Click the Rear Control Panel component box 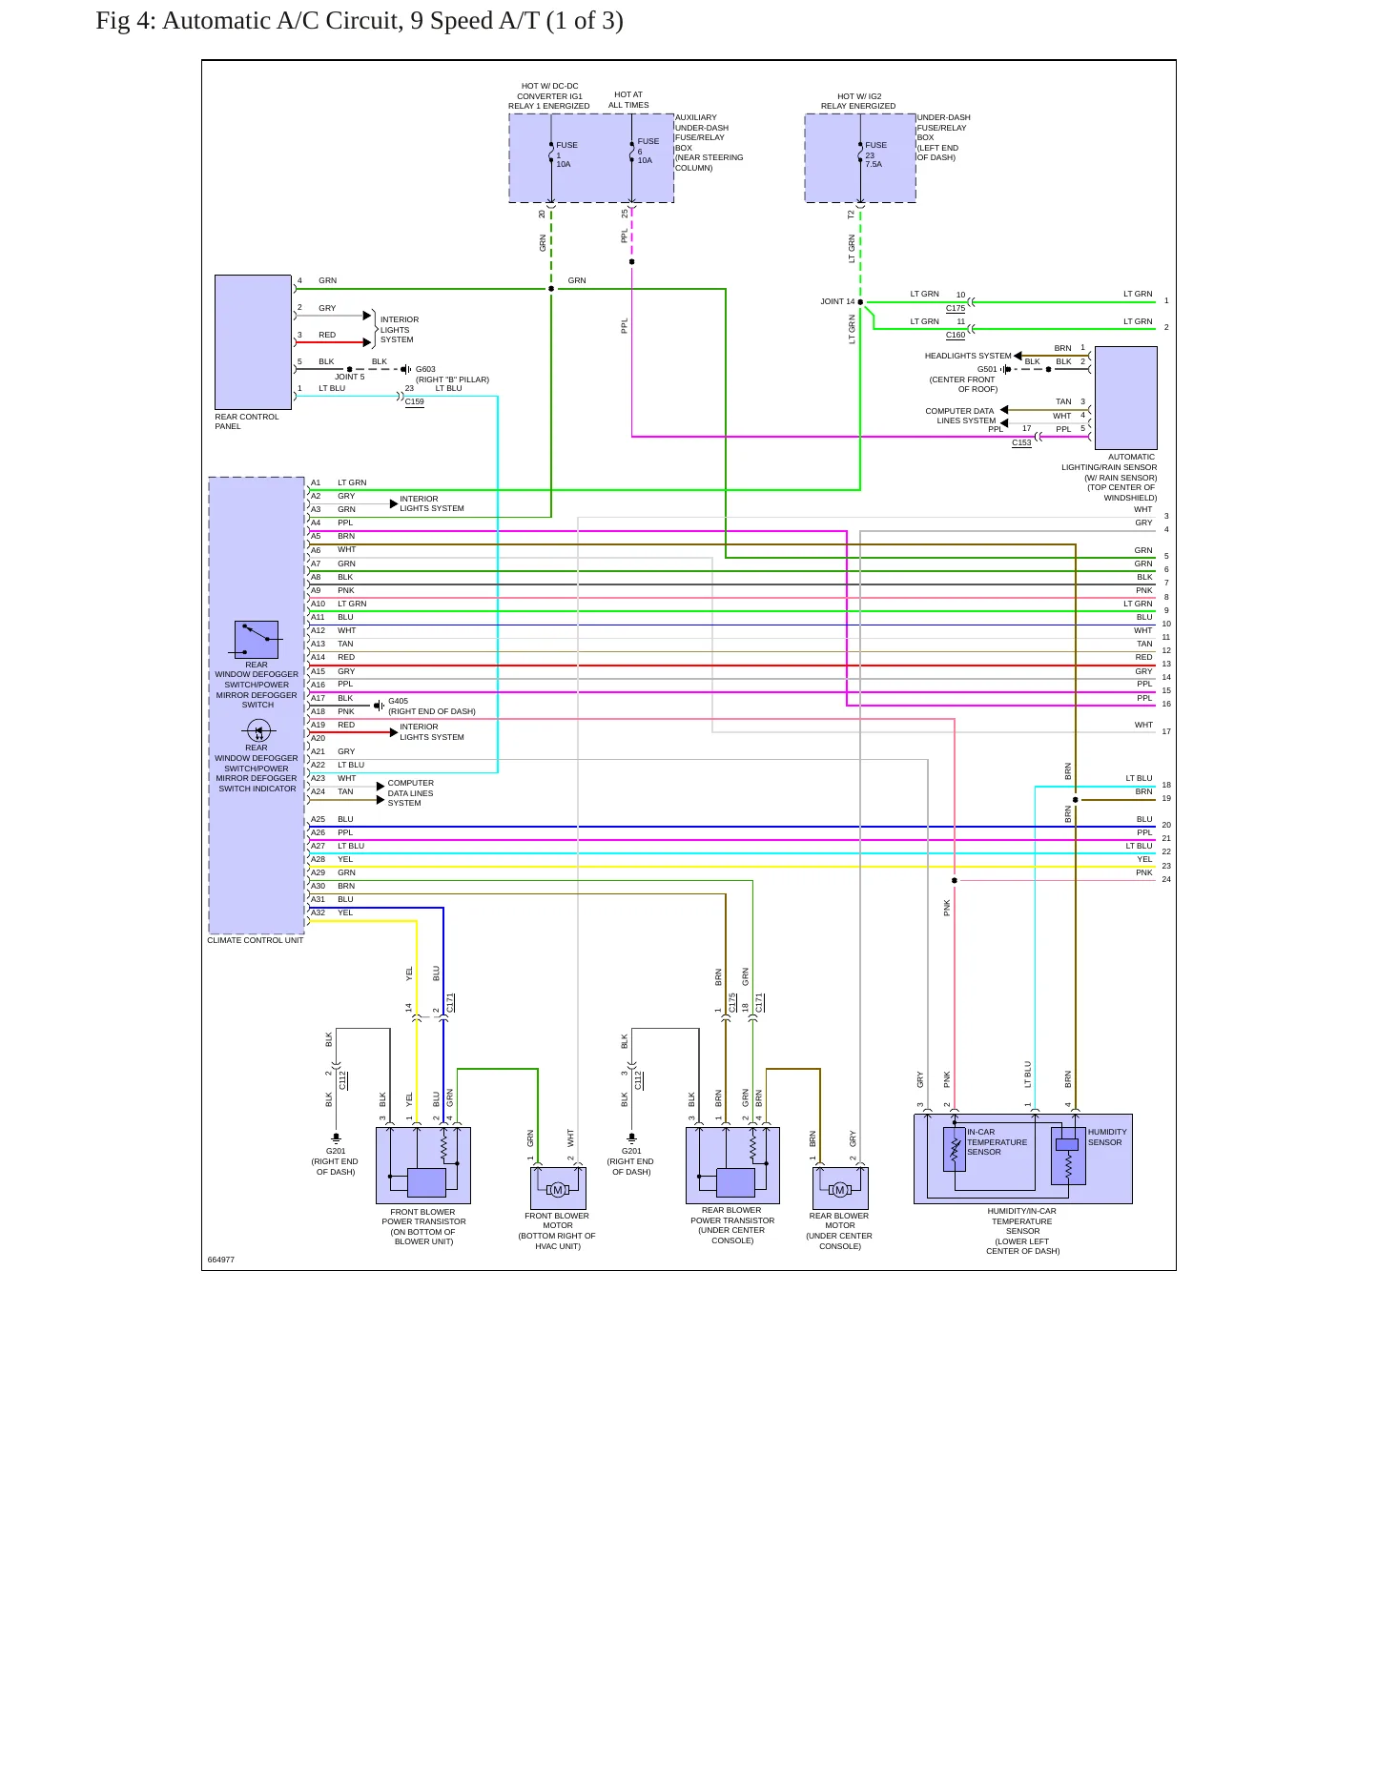[253, 342]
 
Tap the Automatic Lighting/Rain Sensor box [1125, 398]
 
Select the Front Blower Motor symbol [558, 1189]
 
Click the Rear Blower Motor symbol [840, 1189]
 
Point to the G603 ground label [425, 369]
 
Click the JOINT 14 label [837, 301]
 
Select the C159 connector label [415, 401]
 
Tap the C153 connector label [1021, 442]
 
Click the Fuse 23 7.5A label [875, 154]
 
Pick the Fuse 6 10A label [648, 151]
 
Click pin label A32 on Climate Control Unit [318, 912]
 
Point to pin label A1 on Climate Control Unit [316, 482]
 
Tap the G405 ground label [398, 701]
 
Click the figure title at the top [360, 21]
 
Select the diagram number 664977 [221, 1260]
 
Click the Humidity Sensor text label [1106, 1137]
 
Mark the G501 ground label [987, 369]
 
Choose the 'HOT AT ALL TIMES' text [628, 100]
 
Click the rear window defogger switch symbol [257, 640]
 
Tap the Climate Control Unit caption [256, 940]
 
